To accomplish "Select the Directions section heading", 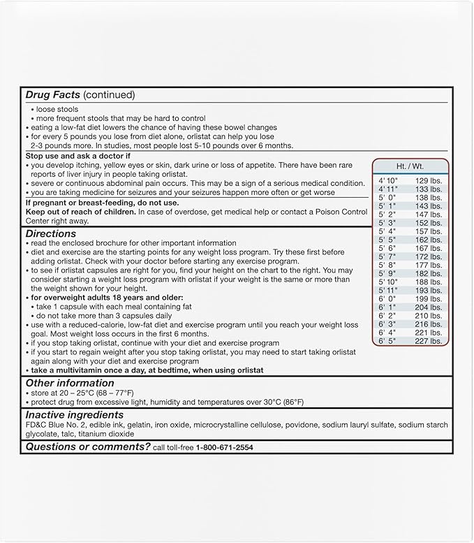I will click(51, 233).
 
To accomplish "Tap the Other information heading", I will click(70, 383).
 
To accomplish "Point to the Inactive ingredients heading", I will click(75, 415).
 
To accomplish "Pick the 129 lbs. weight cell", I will click(428, 181).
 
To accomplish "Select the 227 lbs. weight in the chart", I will click(428, 342).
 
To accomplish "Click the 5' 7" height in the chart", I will click(387, 257).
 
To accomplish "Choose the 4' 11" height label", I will click(387, 189).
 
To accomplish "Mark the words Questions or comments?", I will click(87, 447).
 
